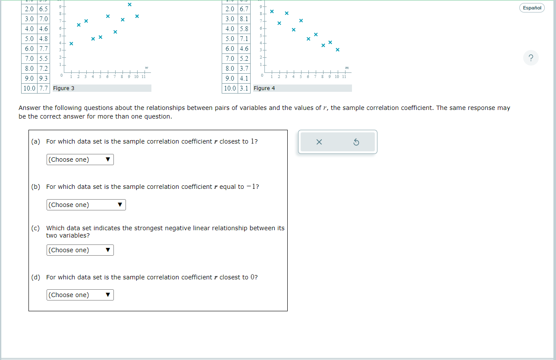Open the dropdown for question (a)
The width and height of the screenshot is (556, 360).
pyautogui.click(x=80, y=160)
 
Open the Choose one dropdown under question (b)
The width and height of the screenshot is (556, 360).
pyautogui.click(x=86, y=205)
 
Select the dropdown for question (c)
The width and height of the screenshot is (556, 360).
pyautogui.click(x=80, y=250)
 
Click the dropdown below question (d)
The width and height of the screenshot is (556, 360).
pyautogui.click(x=80, y=295)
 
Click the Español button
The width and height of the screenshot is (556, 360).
pyautogui.click(x=532, y=8)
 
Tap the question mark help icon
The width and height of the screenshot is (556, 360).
pyautogui.click(x=531, y=58)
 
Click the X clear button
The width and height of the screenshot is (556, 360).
pyautogui.click(x=319, y=142)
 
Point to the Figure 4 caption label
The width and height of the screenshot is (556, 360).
pyautogui.click(x=264, y=88)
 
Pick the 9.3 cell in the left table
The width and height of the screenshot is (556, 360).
pyautogui.click(x=43, y=78)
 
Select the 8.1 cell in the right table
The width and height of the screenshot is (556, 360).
pyautogui.click(x=244, y=19)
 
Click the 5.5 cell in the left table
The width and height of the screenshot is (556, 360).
pyautogui.click(x=43, y=59)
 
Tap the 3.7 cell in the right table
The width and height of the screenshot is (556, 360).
pyautogui.click(x=244, y=69)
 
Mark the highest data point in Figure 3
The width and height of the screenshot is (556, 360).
pyautogui.click(x=129, y=5)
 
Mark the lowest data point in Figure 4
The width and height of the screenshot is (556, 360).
pyautogui.click(x=337, y=50)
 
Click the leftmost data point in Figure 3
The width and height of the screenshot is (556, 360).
pyautogui.click(x=71, y=44)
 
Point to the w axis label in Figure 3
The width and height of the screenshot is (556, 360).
pyautogui.click(x=147, y=68)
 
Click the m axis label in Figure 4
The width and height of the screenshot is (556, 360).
pyautogui.click(x=347, y=68)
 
